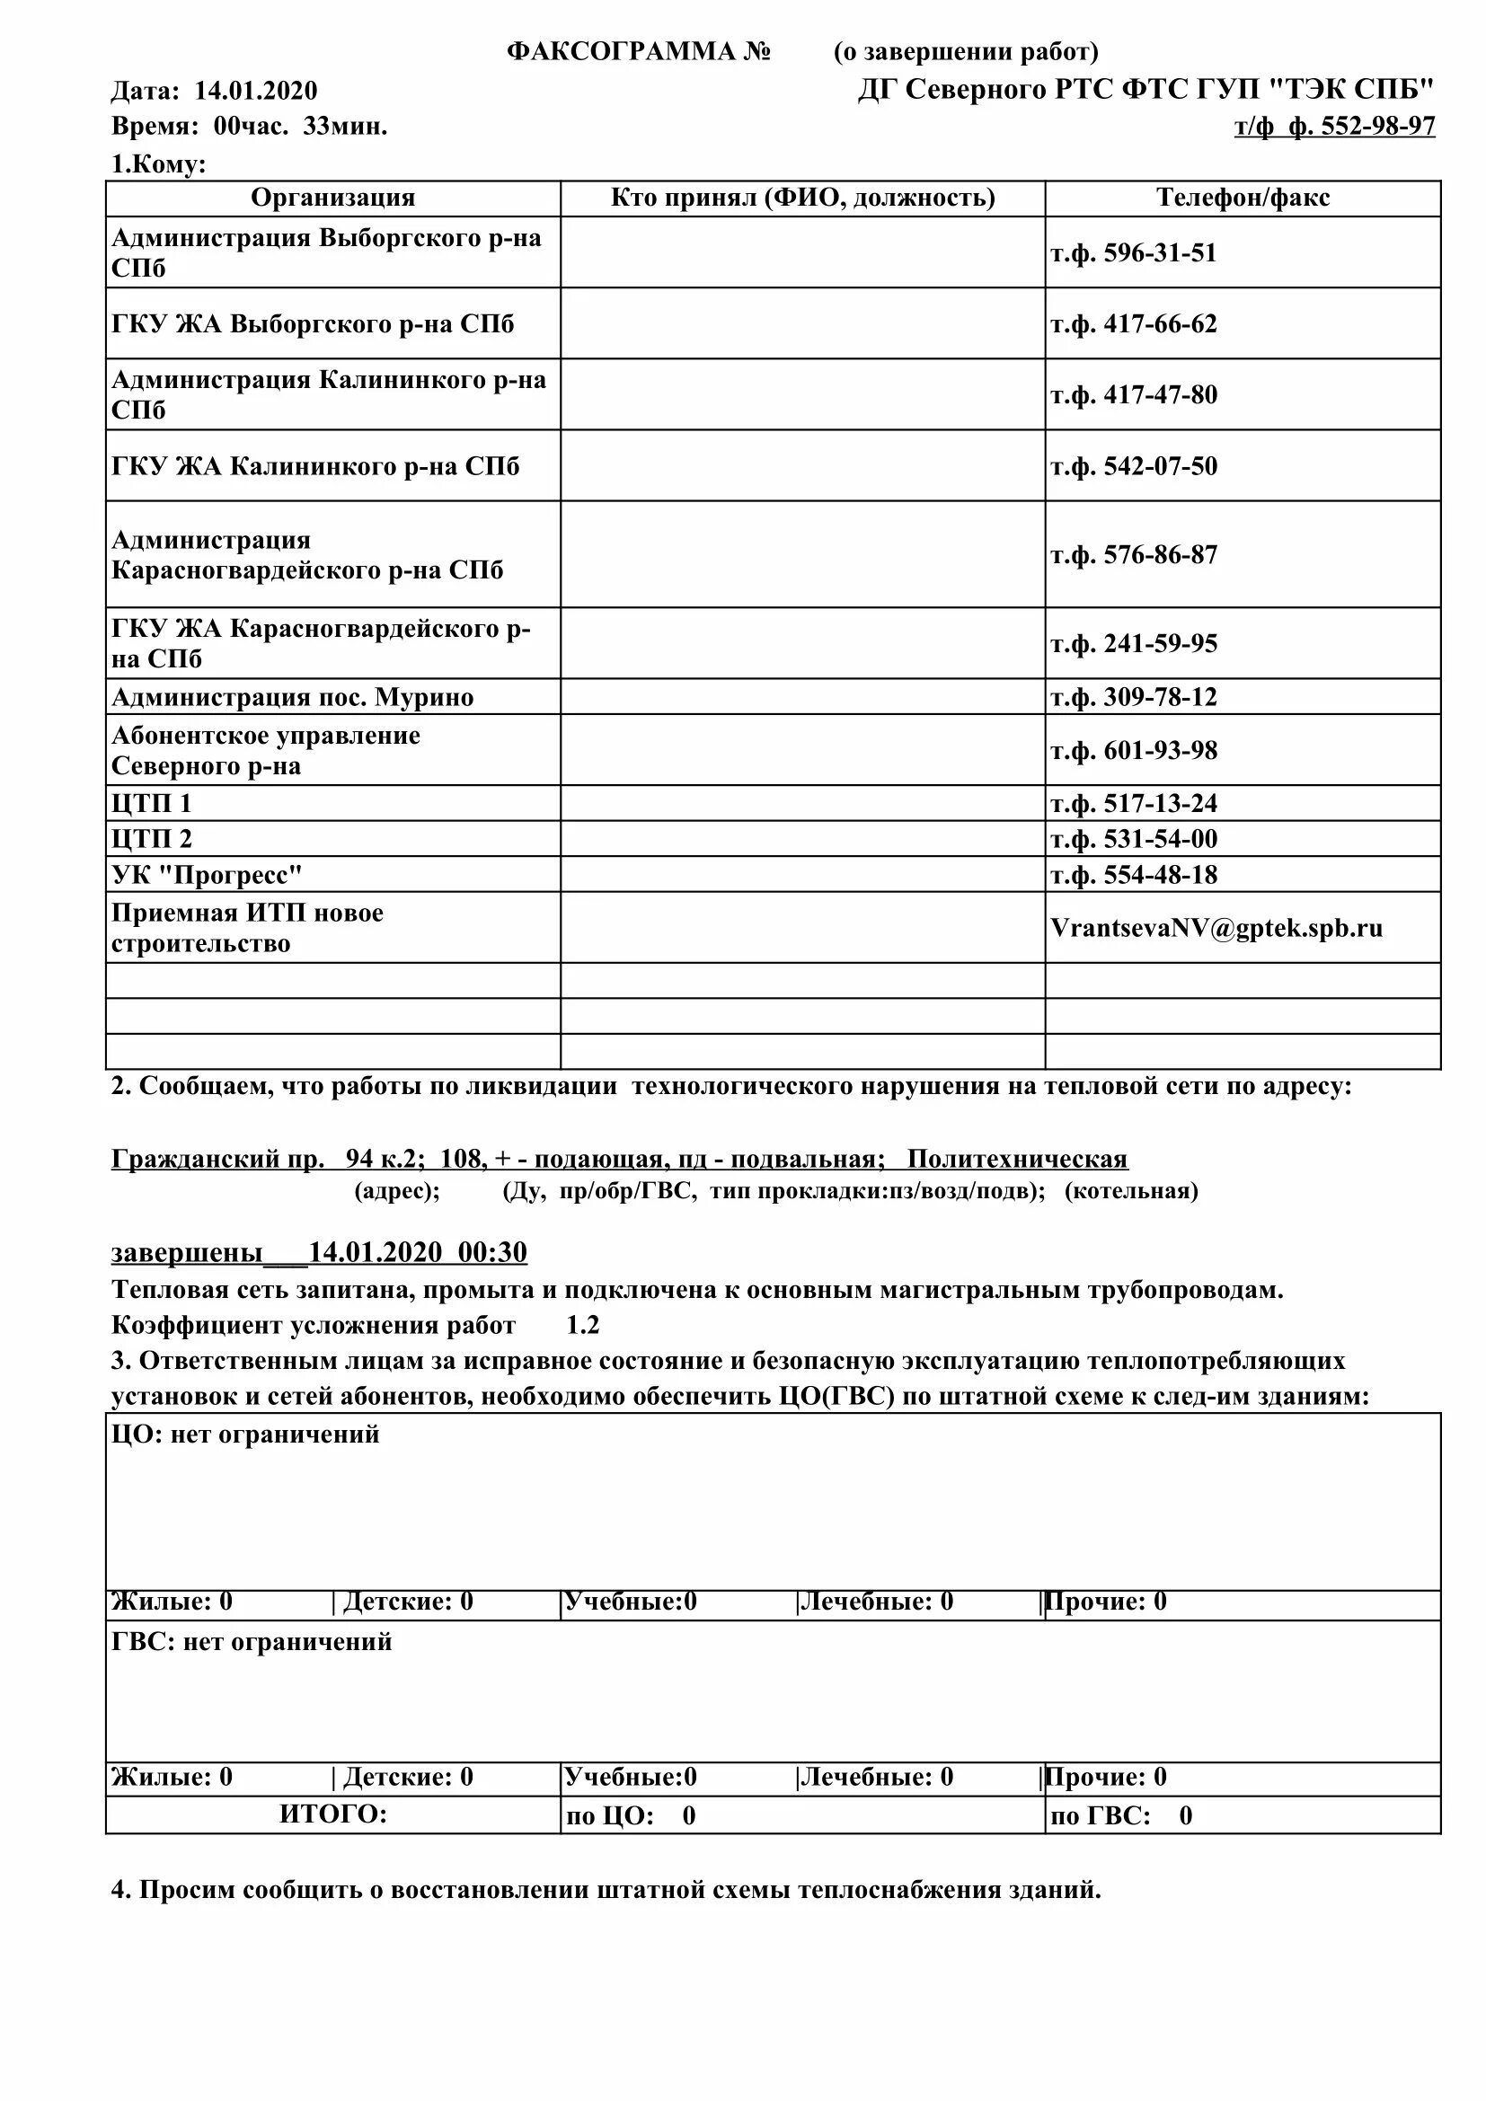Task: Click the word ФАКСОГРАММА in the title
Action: click(x=623, y=52)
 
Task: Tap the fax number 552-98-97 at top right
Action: click(x=1378, y=127)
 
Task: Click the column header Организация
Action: click(x=333, y=198)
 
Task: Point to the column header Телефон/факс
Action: click(x=1243, y=198)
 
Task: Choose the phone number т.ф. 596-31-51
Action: click(x=1134, y=252)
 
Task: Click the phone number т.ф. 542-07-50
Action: click(x=1134, y=466)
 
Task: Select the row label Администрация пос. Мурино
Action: click(x=293, y=697)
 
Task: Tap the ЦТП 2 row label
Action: click(x=152, y=839)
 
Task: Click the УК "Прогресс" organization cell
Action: click(x=207, y=875)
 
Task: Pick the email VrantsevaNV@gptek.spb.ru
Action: click(x=1216, y=928)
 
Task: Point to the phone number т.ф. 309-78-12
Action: click(x=1134, y=697)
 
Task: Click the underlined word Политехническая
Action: click(x=1018, y=1160)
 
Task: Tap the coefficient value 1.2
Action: click(x=583, y=1325)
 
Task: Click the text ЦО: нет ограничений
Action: click(x=245, y=1434)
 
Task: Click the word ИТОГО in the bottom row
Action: click(x=333, y=1814)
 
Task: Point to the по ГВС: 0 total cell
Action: click(x=1122, y=1815)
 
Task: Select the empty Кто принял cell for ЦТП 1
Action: click(x=802, y=803)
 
